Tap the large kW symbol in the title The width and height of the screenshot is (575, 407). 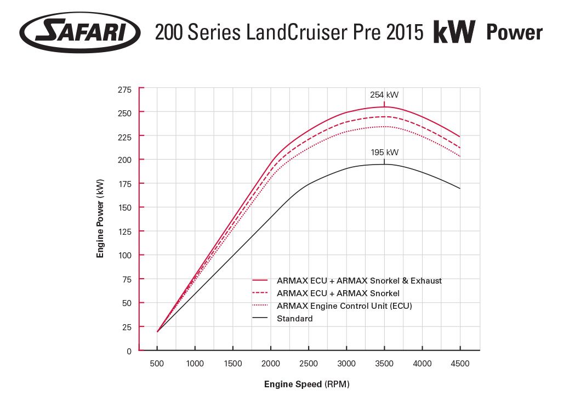[x=454, y=33]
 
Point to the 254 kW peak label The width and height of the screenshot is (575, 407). [x=384, y=94]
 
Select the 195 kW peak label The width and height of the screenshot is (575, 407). [x=384, y=152]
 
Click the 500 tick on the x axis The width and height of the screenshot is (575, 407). [x=157, y=364]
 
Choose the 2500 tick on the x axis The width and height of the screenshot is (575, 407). [x=309, y=364]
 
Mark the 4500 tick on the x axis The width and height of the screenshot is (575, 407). [x=460, y=364]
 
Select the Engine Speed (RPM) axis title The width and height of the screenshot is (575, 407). [x=306, y=385]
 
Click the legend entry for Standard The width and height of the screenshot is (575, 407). [x=295, y=319]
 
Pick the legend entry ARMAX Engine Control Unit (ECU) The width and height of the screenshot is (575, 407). [x=344, y=306]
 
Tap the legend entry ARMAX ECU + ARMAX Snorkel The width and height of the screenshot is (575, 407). [x=338, y=293]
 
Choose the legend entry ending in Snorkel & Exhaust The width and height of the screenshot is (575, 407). [x=359, y=280]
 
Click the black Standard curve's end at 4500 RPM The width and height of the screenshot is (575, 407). [x=459, y=188]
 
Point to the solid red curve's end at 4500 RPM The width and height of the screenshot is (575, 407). [x=459, y=137]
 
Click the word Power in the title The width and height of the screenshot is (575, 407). [x=514, y=33]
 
